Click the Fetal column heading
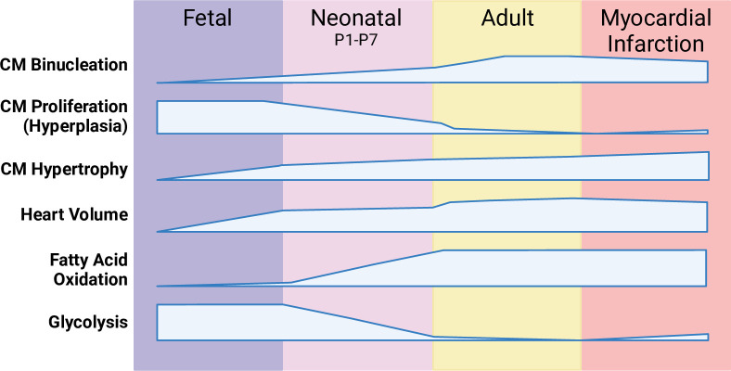coord(208,19)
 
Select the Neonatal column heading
coord(357,19)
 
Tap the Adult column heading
coord(507,19)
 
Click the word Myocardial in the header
coord(656,19)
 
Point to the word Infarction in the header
coord(656,44)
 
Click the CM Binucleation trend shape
coord(557,70)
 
